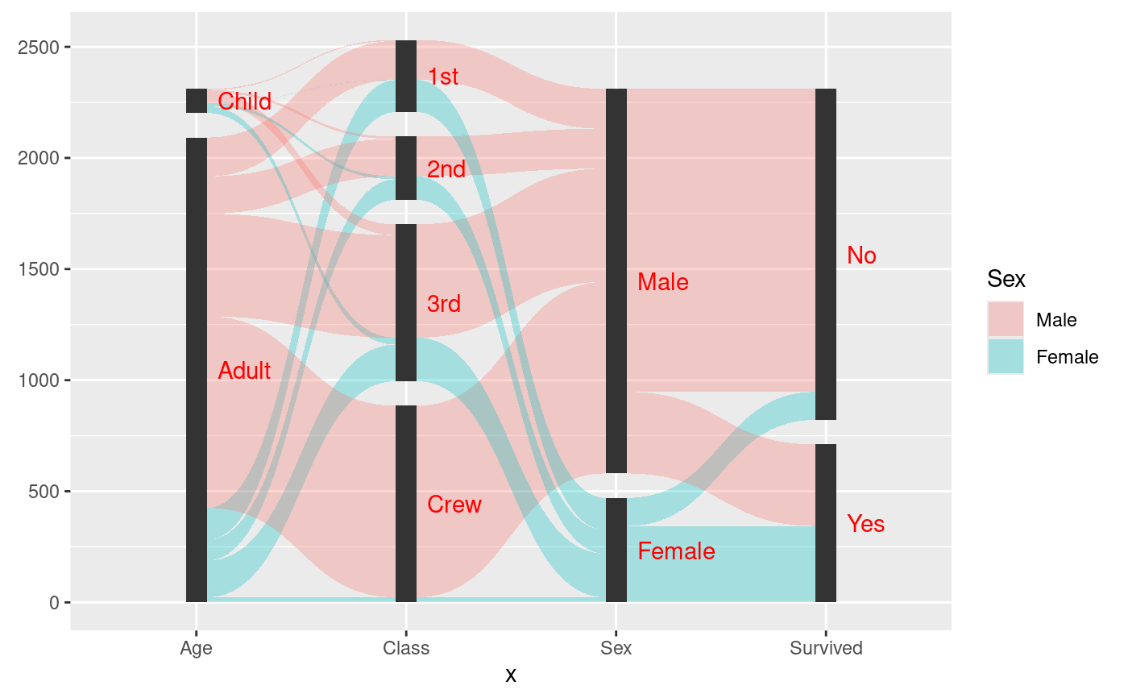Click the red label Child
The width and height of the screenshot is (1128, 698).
[x=244, y=102]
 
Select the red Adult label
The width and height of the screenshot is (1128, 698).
[x=244, y=371]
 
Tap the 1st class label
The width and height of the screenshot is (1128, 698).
[x=443, y=77]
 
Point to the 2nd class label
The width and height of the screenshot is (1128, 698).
[x=446, y=169]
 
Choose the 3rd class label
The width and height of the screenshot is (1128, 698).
[x=444, y=304]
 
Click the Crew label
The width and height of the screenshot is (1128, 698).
[x=454, y=505]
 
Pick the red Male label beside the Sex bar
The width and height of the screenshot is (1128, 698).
[x=663, y=282]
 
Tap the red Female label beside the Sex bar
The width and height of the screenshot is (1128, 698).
[x=676, y=551]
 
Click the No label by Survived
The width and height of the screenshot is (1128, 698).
[x=861, y=256]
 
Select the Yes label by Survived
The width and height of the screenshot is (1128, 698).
[x=866, y=524]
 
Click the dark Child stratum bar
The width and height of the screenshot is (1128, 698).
[x=197, y=101]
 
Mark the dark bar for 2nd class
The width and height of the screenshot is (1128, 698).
[x=406, y=168]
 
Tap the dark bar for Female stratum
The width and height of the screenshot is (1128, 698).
[x=616, y=550]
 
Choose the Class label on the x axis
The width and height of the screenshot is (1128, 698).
[x=406, y=648]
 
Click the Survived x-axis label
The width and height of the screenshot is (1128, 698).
[x=826, y=648]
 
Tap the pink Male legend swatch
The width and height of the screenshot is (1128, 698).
[x=1006, y=319]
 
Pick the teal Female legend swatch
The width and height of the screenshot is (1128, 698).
[x=1006, y=356]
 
